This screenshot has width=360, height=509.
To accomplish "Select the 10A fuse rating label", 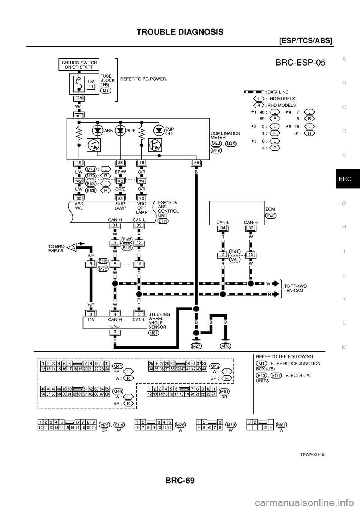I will pyautogui.click(x=90, y=81).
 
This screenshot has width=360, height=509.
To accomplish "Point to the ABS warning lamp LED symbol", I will pyautogui.click(x=98, y=131).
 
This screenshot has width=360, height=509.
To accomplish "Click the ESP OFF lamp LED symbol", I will pyautogui.click(x=159, y=131).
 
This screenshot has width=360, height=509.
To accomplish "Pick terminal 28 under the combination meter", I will pyautogui.click(x=120, y=162).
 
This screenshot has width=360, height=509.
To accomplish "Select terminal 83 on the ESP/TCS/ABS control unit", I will pyautogui.click(x=120, y=198).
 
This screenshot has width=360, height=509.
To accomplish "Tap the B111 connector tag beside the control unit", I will pyautogui.click(x=163, y=221).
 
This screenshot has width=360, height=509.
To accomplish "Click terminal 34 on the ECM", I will pyautogui.click(x=222, y=228).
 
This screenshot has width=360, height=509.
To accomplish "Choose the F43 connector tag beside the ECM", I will pyautogui.click(x=271, y=216).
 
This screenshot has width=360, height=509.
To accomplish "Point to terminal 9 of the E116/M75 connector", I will pyautogui.click(x=91, y=263).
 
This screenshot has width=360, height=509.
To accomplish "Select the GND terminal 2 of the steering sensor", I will pyautogui.click(x=115, y=332).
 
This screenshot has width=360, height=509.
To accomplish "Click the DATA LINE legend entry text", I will pyautogui.click(x=278, y=91).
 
